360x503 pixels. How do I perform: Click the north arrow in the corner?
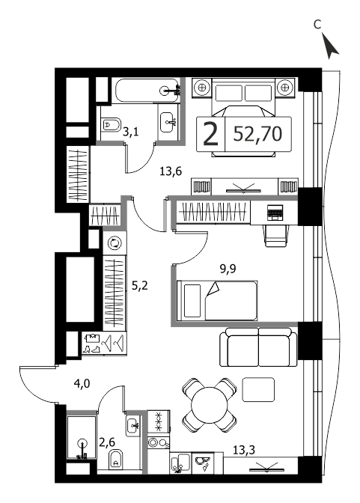(329, 46)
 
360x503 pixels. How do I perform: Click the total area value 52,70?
(257, 134)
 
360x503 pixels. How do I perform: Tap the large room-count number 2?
(211, 134)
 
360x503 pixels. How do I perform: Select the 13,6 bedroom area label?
(171, 171)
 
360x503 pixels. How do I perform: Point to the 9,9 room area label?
(228, 269)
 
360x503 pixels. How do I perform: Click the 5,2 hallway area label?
(140, 285)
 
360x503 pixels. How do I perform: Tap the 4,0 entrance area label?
(82, 383)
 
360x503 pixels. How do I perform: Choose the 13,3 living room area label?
(244, 450)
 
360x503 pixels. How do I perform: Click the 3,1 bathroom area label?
(131, 132)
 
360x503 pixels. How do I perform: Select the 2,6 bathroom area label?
(107, 442)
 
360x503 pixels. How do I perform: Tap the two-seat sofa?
(258, 347)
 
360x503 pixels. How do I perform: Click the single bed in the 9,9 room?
(217, 301)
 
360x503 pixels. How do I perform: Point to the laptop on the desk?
(275, 213)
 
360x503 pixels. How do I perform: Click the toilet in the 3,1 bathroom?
(111, 124)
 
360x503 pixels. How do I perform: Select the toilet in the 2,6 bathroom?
(117, 459)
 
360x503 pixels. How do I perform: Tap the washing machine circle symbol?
(115, 243)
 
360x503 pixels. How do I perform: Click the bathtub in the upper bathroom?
(146, 91)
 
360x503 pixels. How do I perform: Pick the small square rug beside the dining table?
(258, 389)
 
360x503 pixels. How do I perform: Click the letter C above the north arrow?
(317, 25)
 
